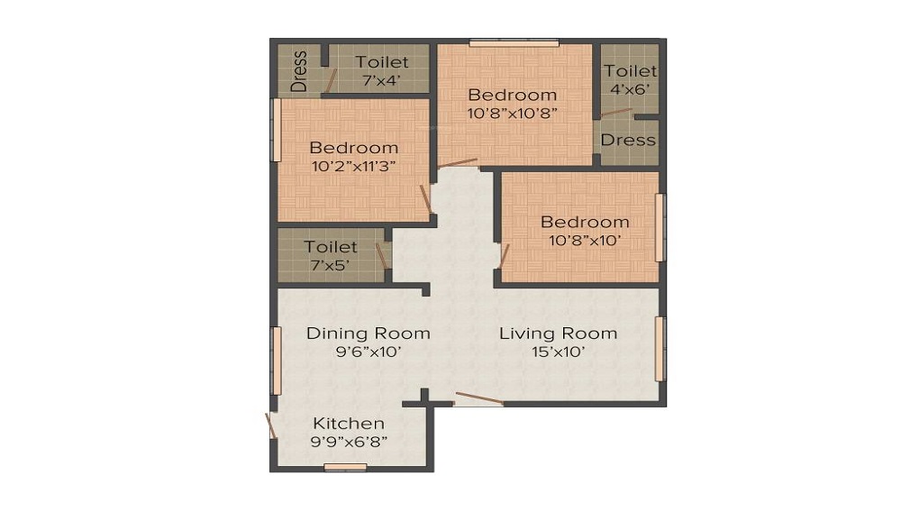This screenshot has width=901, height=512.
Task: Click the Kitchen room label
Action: point(349,423)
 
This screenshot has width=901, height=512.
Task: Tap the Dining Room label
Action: point(368,333)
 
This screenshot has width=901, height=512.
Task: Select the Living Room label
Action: point(558,333)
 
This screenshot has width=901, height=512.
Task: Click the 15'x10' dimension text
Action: point(558,352)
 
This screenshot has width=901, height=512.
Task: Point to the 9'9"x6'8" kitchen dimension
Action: point(349,442)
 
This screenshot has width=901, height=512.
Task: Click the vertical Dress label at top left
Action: point(299,69)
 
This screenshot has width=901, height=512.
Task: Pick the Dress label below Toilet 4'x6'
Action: point(628,140)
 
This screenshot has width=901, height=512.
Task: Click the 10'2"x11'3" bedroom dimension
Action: point(354,166)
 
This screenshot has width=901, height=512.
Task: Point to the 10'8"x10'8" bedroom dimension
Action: point(512,113)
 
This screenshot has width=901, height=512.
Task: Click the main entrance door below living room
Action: point(478,398)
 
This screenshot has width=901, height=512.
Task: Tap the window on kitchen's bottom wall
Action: point(345,467)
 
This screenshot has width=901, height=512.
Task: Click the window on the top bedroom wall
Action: point(514,41)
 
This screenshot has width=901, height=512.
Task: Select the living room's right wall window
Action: point(660,349)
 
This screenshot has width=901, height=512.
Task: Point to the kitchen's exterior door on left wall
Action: point(270,425)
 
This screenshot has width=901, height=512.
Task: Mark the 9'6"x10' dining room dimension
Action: point(368,352)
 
